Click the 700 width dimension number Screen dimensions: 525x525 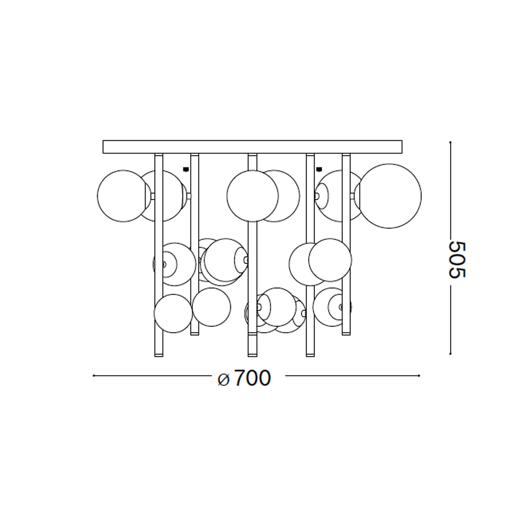coord(252,378)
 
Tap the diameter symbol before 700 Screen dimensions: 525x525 coord(224,379)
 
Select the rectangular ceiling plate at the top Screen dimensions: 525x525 coord(252,147)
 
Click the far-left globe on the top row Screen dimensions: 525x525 coord(123,196)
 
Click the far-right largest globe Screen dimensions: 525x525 coord(389,196)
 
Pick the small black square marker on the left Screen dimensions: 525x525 coord(186,169)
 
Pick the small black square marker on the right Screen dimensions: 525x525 coord(319,169)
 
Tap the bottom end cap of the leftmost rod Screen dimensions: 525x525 coord(159,355)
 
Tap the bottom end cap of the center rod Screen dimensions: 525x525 coord(252,355)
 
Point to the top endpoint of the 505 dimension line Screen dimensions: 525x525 coord(450,142)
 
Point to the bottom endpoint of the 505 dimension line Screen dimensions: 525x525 coord(450,354)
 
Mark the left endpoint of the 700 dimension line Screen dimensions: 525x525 coord(94,376)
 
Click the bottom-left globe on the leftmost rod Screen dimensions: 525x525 coord(173,313)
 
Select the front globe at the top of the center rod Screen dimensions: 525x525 coord(252,196)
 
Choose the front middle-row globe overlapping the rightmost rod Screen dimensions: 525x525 coord(330,260)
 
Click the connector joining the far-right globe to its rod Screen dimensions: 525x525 coord(352,196)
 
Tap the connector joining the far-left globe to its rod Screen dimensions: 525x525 coord(153,196)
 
